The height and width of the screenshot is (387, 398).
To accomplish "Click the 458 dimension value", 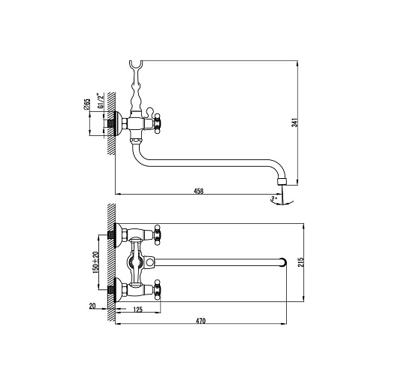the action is click(x=198, y=191).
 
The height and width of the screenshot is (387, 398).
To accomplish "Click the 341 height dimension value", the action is click(x=294, y=122).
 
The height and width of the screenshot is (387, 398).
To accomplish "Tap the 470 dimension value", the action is click(x=201, y=321).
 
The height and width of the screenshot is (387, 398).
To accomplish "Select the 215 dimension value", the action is click(x=301, y=262).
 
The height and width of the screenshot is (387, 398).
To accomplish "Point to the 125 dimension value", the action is click(x=138, y=310).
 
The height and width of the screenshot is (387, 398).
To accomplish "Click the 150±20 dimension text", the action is click(x=95, y=262).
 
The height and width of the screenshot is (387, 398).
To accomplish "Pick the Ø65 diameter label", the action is click(x=86, y=104).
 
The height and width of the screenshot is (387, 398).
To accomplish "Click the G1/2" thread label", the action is click(x=101, y=101).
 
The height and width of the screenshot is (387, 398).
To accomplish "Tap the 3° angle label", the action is click(x=273, y=198).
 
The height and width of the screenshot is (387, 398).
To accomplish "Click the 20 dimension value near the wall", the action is click(x=92, y=306).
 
